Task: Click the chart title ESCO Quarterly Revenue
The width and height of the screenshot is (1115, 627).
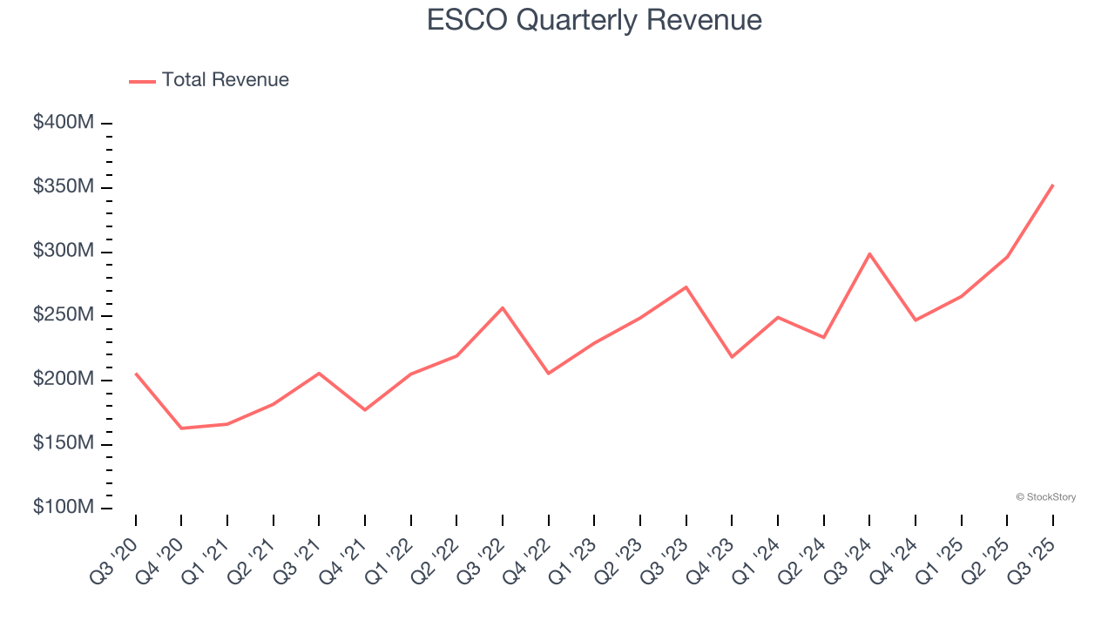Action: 594,20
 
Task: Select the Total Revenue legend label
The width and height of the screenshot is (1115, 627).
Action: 225,80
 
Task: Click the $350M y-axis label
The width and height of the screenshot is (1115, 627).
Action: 63,187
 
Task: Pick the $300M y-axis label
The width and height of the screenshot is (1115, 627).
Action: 63,252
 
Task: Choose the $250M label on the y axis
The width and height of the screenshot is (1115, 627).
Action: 63,315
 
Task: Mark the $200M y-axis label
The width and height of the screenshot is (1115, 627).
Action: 63,380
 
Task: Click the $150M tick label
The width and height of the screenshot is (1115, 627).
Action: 63,443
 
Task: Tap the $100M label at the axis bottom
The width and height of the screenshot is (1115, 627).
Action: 63,508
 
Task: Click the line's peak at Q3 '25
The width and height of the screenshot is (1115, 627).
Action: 1052,185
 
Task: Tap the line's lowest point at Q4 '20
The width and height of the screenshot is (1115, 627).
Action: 181,428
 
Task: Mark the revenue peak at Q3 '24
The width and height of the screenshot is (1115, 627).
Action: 869,253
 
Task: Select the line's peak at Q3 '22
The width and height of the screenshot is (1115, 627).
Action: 503,307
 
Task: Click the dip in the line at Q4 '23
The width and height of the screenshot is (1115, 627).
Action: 732,357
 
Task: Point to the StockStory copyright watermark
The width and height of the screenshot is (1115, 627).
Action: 1045,497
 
